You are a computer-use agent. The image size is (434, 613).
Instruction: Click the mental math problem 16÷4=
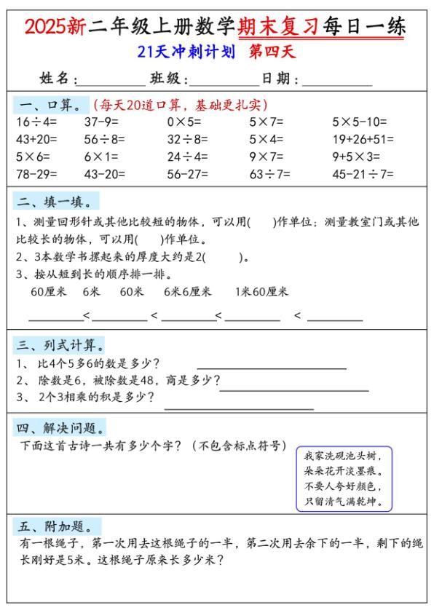point(33,122)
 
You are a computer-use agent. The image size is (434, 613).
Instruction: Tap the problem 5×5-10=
point(360,122)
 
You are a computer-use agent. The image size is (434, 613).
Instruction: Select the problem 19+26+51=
point(363,139)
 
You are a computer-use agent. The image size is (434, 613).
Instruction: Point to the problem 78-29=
point(36,174)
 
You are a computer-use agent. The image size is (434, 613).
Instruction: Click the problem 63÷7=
point(269,174)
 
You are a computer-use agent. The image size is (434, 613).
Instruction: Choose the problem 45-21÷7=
point(363,174)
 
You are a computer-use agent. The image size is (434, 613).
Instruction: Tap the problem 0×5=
point(184,122)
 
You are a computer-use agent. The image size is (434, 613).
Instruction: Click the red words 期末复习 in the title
point(278,27)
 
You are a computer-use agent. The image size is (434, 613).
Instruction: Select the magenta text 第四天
point(272,52)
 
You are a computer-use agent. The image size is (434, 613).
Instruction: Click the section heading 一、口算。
point(51,105)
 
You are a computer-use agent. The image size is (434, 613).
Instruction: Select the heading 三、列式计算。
point(60,344)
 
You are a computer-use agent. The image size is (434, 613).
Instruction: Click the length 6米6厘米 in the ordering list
point(187,291)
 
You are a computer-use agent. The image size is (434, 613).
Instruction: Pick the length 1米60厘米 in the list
point(261,291)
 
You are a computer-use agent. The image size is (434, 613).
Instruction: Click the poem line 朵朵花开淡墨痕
point(343,471)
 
